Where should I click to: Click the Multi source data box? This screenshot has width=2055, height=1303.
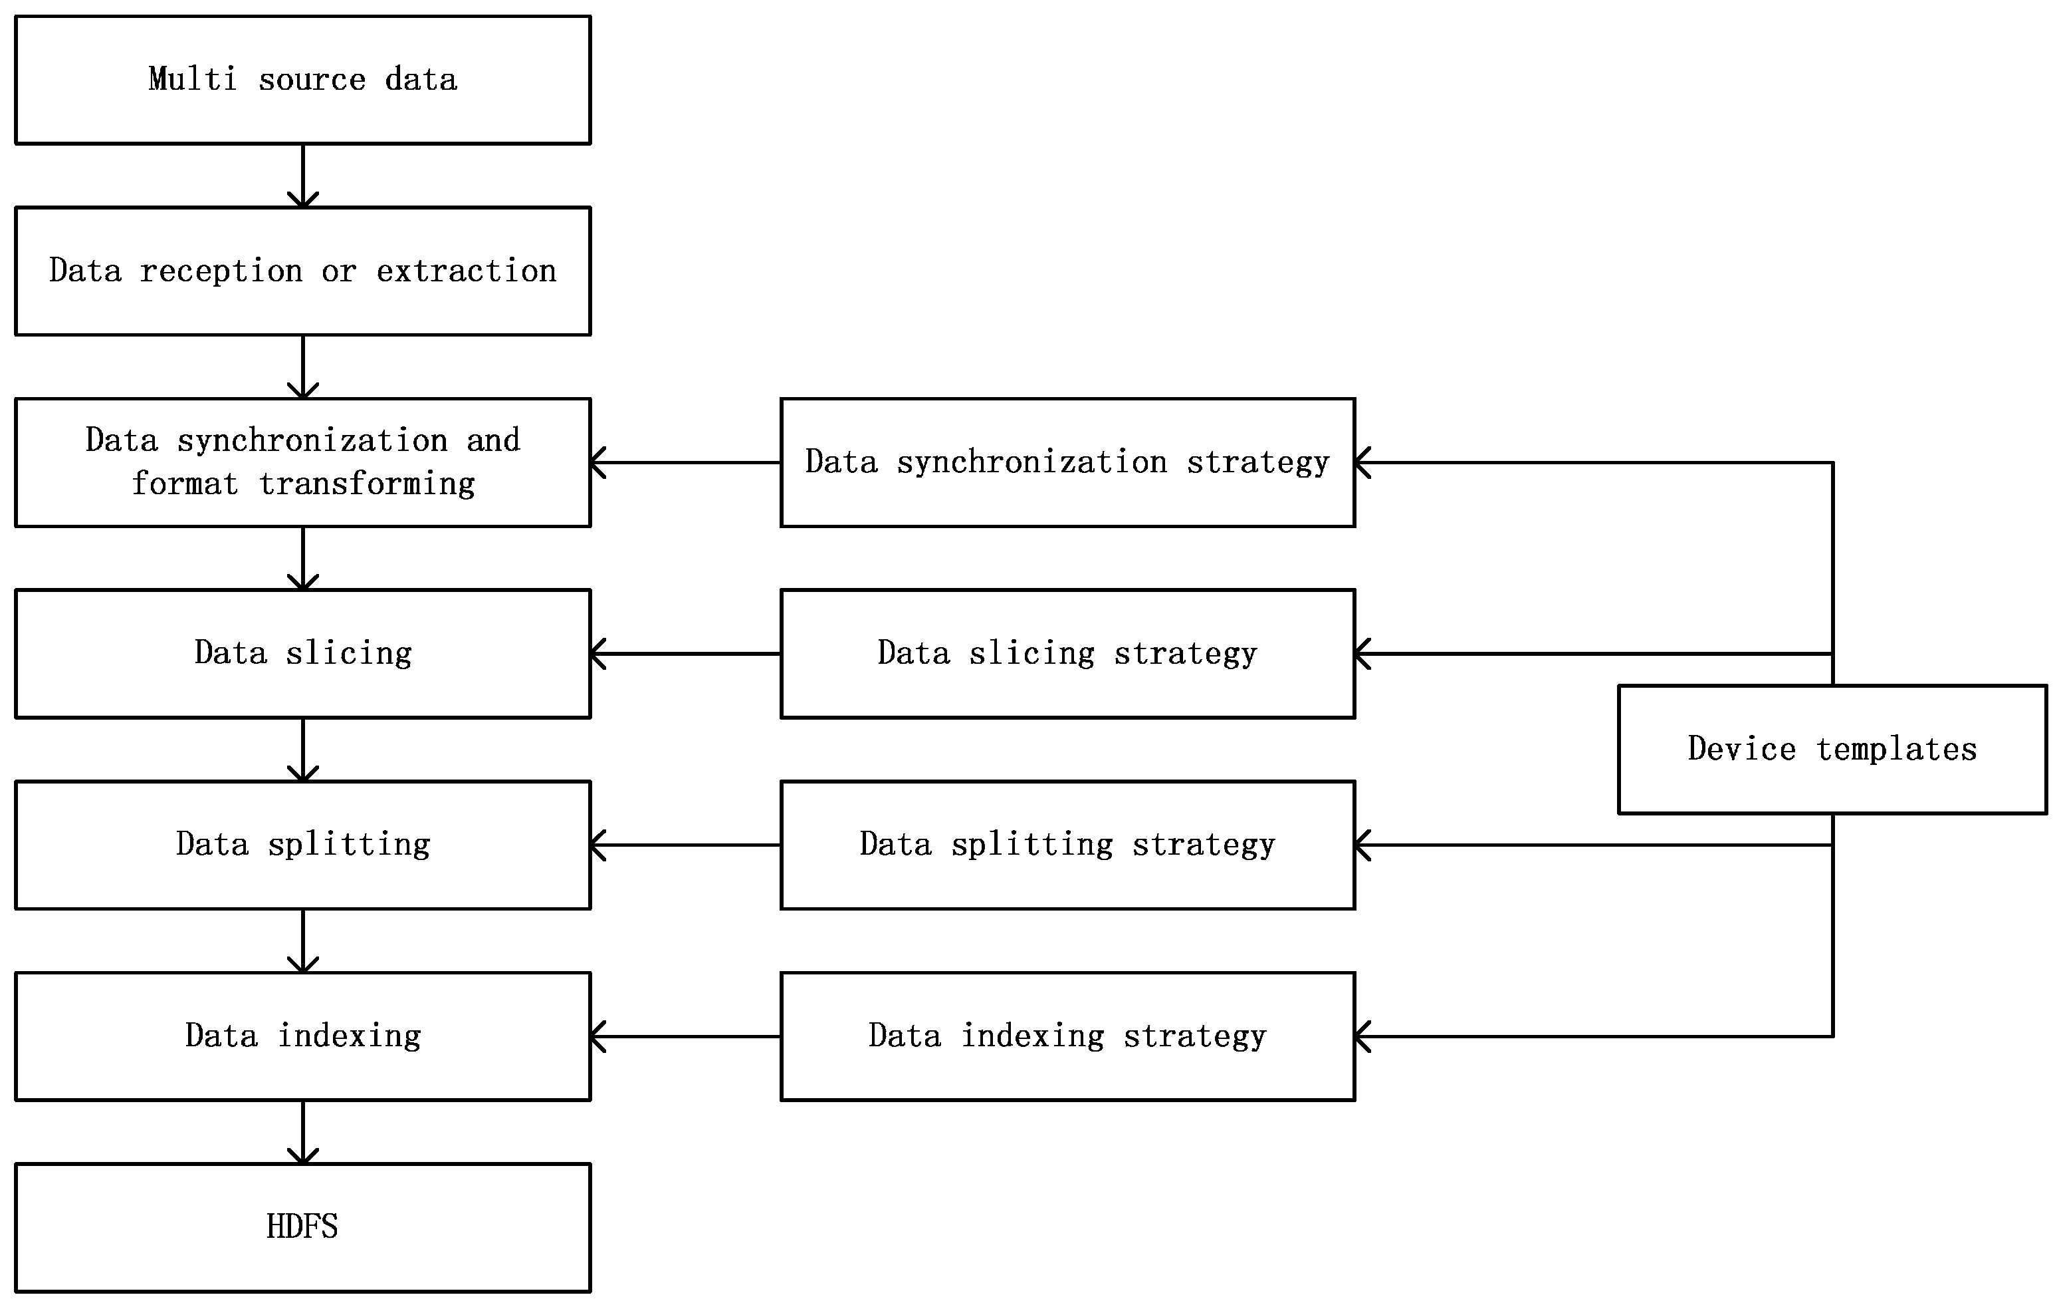click(x=302, y=79)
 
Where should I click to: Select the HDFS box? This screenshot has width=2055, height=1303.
click(x=302, y=1227)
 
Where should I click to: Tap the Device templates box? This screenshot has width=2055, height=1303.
click(x=1832, y=749)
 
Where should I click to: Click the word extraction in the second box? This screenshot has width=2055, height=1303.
click(x=466, y=271)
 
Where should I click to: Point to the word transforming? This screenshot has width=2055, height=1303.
click(x=367, y=484)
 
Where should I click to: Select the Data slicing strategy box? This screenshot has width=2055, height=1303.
click(x=1067, y=653)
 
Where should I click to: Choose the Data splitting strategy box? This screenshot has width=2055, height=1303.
click(x=1067, y=845)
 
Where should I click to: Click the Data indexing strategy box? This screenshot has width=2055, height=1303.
click(x=1067, y=1036)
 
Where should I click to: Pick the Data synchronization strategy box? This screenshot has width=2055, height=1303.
click(x=1067, y=462)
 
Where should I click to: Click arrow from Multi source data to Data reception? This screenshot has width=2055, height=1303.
click(x=303, y=175)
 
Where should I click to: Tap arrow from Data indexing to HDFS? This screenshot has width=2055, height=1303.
click(x=303, y=1131)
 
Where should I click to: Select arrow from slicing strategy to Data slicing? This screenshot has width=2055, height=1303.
click(x=685, y=654)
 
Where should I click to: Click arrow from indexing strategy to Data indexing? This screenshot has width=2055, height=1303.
click(x=685, y=1036)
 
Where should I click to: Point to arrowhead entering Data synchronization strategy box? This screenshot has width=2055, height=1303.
click(x=1363, y=463)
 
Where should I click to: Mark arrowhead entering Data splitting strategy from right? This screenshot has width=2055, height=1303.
click(x=1363, y=845)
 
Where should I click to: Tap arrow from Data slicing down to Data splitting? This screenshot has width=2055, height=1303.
click(x=303, y=749)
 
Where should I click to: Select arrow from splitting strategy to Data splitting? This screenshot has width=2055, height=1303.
click(x=685, y=845)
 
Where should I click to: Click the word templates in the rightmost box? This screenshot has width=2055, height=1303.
click(x=1895, y=749)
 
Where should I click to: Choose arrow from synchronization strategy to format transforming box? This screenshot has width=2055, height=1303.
click(x=685, y=463)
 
